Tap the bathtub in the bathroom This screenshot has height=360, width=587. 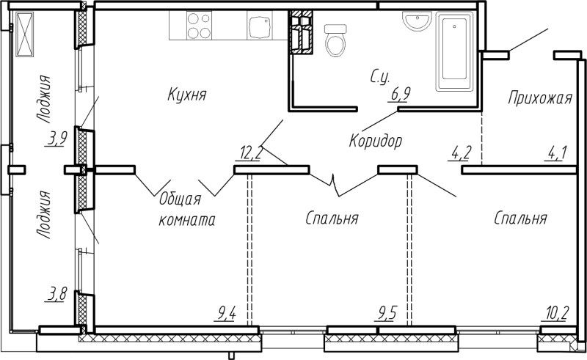click(454, 51)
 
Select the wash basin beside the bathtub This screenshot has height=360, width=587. click(417, 21)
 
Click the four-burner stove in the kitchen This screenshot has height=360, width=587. click(199, 26)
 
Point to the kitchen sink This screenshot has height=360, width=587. click(259, 26)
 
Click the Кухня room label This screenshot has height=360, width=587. click(187, 95)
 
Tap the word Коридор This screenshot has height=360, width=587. click(376, 141)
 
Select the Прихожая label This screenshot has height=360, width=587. click(540, 98)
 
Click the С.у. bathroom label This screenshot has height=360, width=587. click(380, 78)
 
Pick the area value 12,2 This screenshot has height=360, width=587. click(250, 153)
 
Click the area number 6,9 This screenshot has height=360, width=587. click(400, 94)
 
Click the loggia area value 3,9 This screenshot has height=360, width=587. click(57, 139)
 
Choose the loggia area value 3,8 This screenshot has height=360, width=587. click(57, 294)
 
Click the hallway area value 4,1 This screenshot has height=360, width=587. click(556, 153)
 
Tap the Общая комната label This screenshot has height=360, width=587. click(187, 209)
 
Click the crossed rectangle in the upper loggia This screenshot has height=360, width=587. click(25, 34)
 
